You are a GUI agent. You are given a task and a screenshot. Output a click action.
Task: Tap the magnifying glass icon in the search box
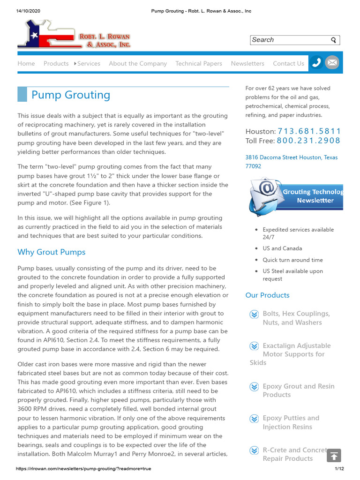[333, 40]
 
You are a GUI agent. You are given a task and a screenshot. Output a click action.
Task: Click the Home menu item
[26, 63]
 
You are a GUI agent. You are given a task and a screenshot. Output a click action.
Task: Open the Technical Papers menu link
[199, 63]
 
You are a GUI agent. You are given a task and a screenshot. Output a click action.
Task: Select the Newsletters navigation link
[247, 63]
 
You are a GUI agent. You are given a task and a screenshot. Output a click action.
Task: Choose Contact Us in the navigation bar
[288, 63]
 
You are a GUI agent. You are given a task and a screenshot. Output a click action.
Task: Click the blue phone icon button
[317, 62]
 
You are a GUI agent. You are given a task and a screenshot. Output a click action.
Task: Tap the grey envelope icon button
[332, 62]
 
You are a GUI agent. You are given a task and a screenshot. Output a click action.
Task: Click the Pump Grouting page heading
[71, 95]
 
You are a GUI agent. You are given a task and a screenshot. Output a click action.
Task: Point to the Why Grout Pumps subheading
[52, 252]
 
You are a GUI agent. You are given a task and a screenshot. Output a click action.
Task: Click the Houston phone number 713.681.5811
[309, 131]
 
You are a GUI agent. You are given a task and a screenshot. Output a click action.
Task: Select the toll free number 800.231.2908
[308, 141]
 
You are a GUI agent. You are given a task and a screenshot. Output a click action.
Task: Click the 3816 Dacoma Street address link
[291, 162]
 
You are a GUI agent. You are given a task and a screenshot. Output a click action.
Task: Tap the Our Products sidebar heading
[267, 295]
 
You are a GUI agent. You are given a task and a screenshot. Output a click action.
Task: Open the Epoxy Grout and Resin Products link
[298, 390]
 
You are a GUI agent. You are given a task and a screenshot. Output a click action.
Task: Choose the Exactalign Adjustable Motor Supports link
[296, 350]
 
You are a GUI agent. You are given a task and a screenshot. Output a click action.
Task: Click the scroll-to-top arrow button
[334, 456]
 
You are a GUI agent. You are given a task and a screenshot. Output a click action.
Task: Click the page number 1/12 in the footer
[339, 469]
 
